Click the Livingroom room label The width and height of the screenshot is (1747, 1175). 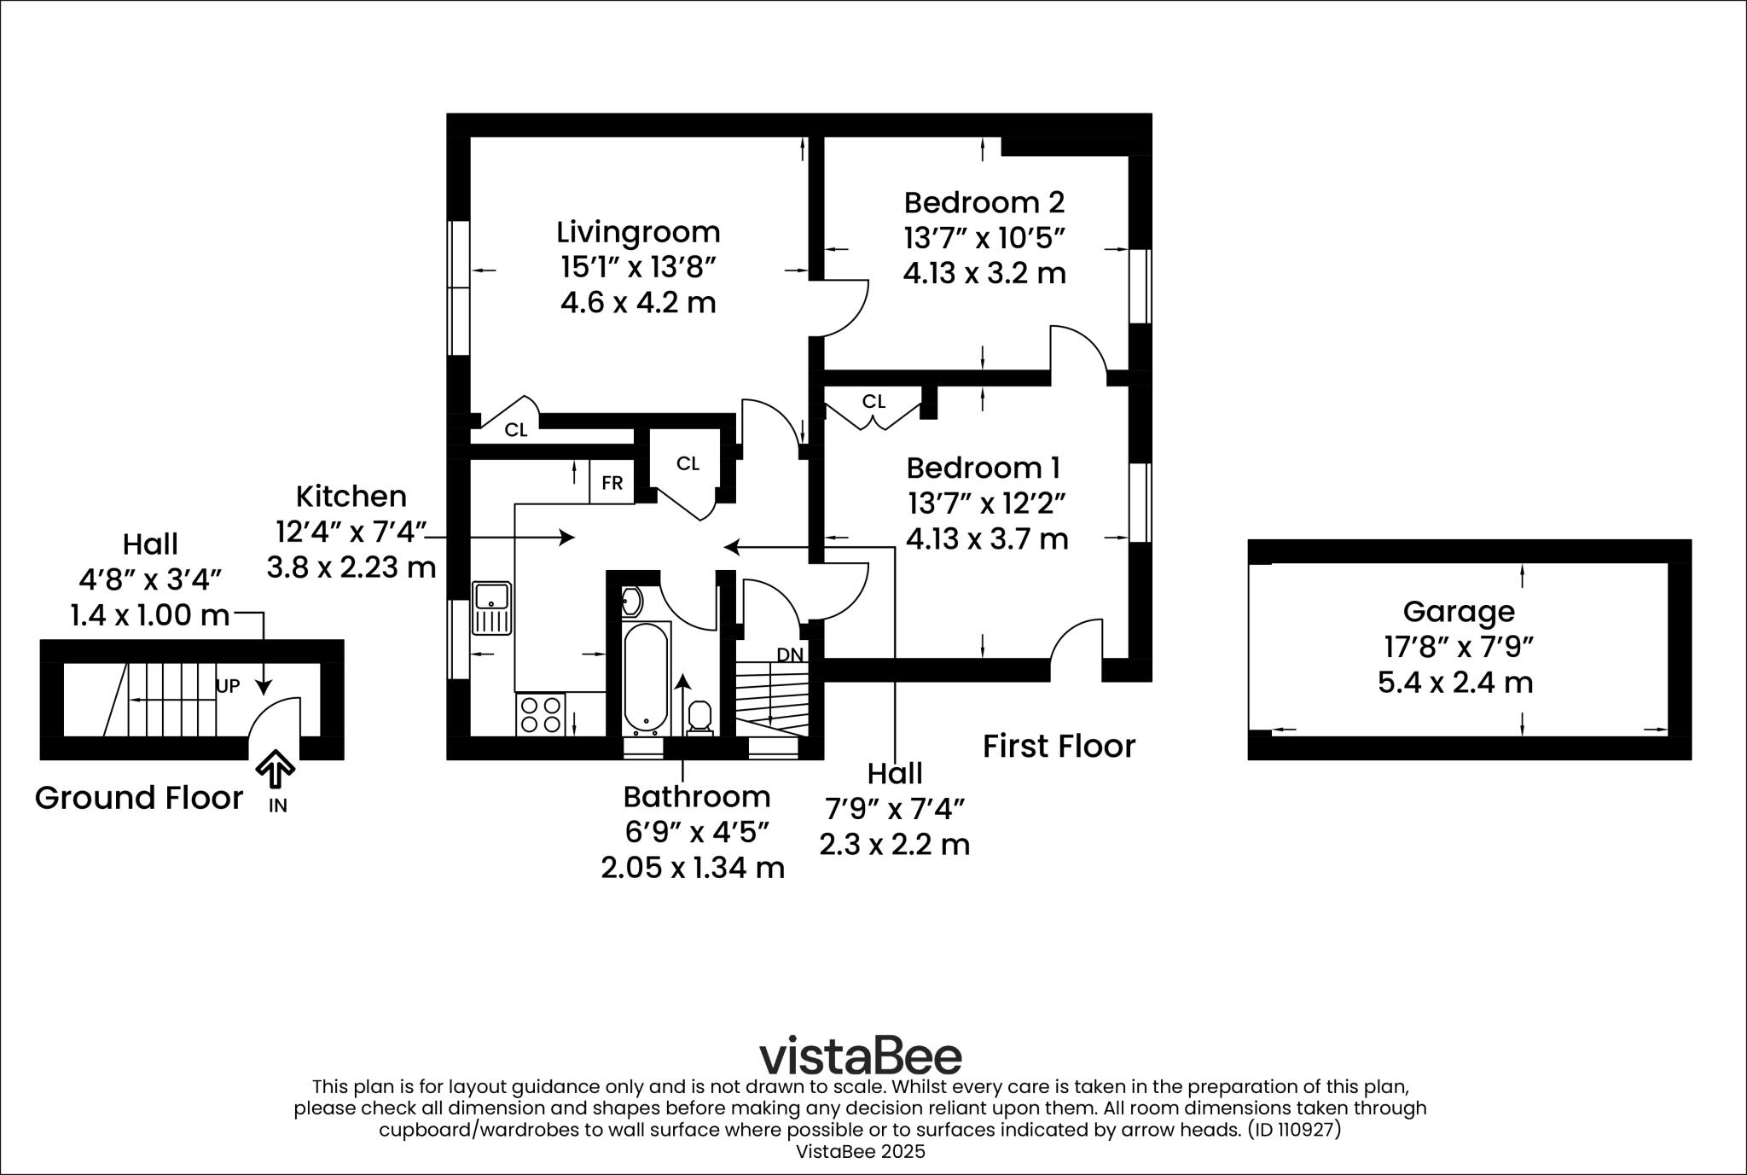tap(638, 232)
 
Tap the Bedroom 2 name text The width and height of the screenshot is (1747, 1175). tap(984, 203)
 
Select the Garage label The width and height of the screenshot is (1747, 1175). tap(1459, 611)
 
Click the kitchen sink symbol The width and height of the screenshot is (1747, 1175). tap(492, 608)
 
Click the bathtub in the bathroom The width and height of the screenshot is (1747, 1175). tap(646, 678)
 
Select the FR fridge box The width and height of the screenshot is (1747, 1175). tap(612, 483)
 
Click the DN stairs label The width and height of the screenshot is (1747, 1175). tap(790, 654)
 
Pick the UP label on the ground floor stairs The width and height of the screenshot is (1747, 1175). tap(228, 686)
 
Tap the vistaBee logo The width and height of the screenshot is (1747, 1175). tap(861, 1056)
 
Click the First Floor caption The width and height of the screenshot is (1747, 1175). tap(1059, 747)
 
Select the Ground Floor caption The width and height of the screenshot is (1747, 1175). tap(139, 798)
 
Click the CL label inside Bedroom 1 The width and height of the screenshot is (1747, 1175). tap(873, 401)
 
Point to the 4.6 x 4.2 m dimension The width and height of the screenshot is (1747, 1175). tap(638, 303)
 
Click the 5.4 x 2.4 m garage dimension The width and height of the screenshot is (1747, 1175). tap(1455, 683)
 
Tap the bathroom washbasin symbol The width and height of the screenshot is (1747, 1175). tap(630, 602)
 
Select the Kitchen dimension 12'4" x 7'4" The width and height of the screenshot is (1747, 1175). tap(350, 532)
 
